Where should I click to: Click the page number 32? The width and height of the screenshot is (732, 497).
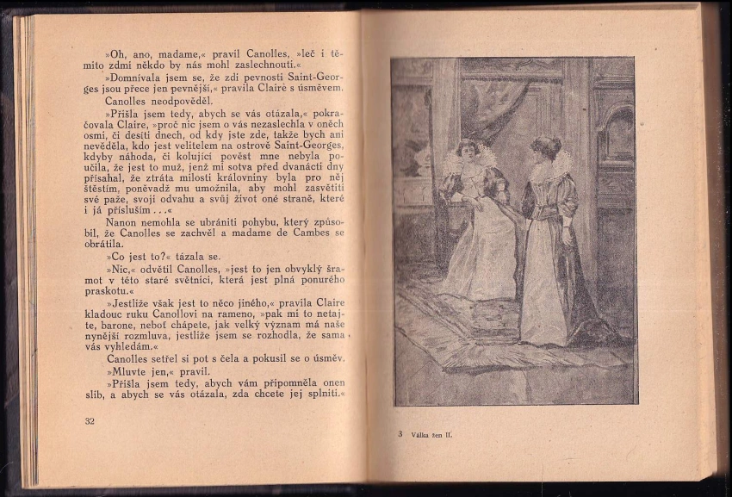90,421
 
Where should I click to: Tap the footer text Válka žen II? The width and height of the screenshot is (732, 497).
431,435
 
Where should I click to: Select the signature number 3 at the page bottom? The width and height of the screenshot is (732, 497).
400,434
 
